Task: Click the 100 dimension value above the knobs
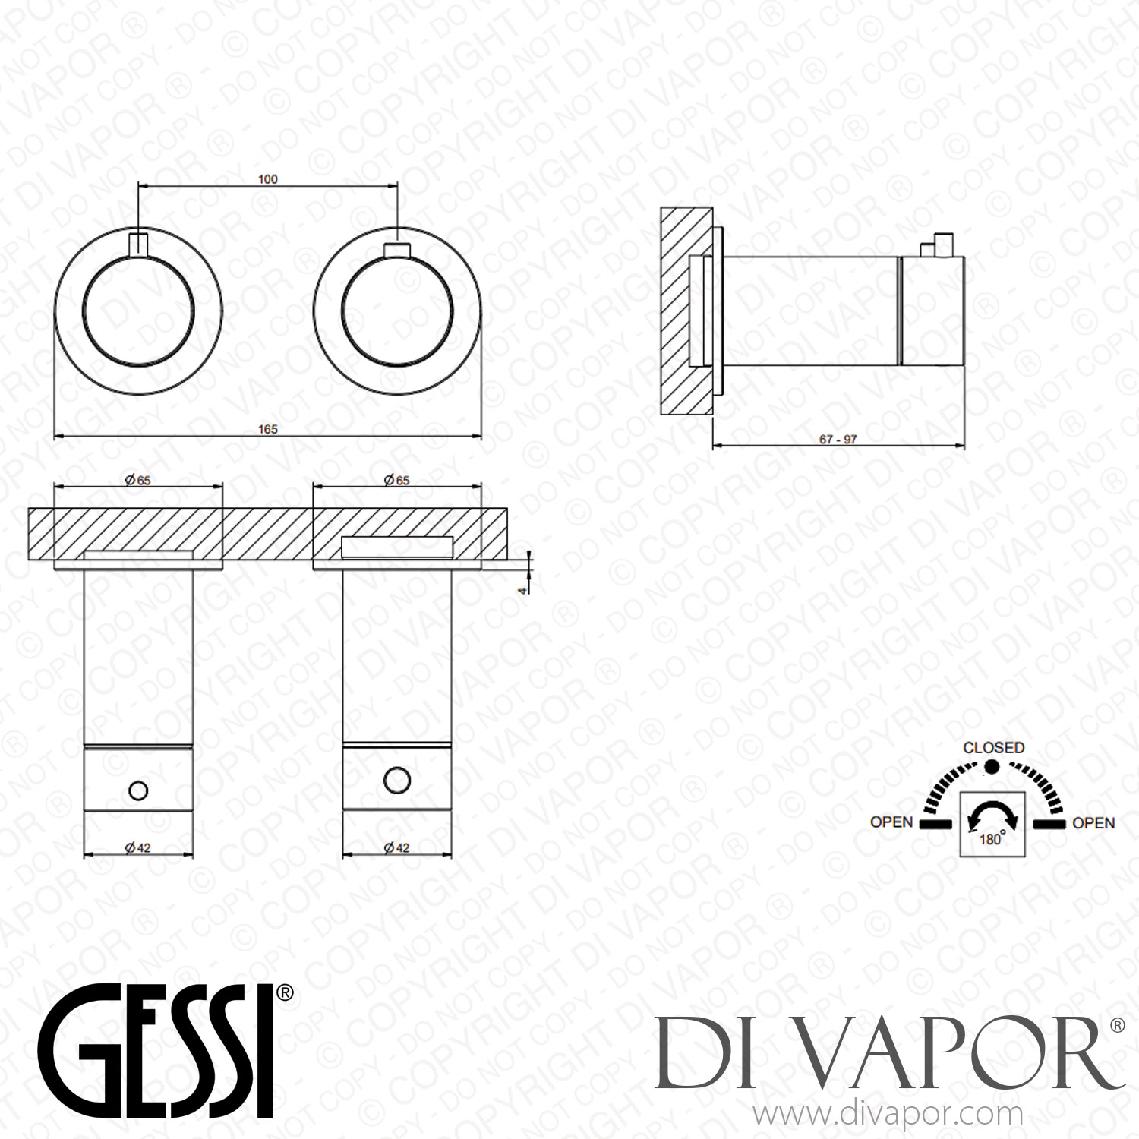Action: pos(268,179)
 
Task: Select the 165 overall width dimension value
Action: pos(268,429)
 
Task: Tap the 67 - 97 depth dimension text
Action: pos(838,440)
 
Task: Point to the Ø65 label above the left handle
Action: pos(138,480)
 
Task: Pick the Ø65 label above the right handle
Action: pos(396,480)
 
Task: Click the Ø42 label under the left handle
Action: pos(138,847)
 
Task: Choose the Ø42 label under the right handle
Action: pos(396,847)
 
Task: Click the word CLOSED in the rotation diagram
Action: pos(993,748)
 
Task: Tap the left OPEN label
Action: pos(891,822)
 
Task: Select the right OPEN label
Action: pos(1093,823)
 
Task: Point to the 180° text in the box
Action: pos(991,839)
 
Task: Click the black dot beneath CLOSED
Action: pos(992,767)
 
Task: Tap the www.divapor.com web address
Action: pos(888,1115)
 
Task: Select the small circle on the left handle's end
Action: pos(138,790)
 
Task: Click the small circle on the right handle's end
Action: pos(397,780)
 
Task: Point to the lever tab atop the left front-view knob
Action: pos(138,245)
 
